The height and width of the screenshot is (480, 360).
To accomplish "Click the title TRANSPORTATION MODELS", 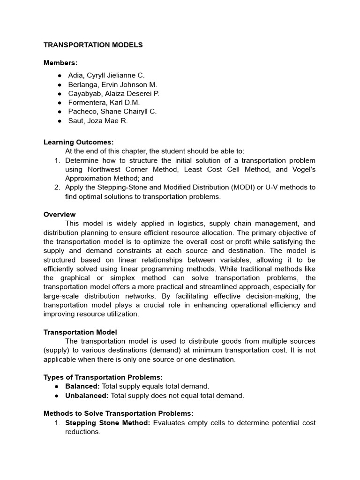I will point(93,45).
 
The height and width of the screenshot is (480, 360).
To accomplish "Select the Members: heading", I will point(60,62).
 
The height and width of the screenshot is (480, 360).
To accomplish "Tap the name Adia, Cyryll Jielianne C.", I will point(106,75).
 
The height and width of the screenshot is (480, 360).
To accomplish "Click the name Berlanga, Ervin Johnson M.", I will point(112,84).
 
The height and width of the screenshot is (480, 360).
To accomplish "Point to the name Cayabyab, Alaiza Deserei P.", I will point(113,93).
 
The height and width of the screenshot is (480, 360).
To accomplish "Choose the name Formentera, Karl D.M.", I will point(104,102).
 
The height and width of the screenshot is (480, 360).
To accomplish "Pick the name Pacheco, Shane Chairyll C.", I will point(112,112).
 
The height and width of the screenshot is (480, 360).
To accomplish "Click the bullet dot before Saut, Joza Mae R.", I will point(60,121).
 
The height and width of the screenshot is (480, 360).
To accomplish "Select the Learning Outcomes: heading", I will point(78,142).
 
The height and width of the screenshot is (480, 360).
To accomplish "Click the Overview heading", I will point(60,214).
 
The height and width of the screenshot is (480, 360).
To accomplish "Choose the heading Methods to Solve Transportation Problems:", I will point(118,413).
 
